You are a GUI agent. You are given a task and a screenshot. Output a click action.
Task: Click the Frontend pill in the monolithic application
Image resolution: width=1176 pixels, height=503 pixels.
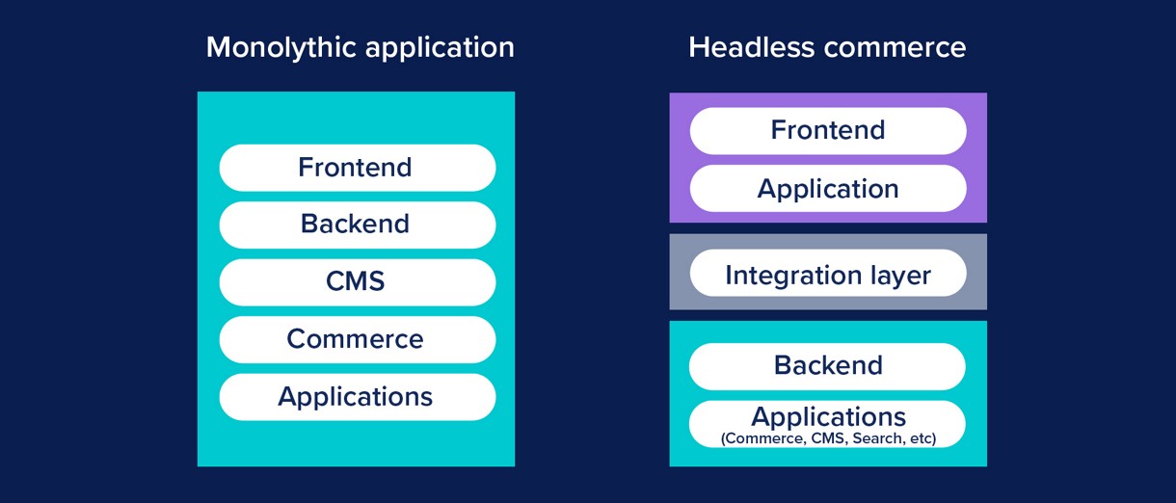click(357, 168)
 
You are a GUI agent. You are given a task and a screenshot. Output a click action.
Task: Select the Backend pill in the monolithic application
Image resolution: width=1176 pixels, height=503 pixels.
click(357, 225)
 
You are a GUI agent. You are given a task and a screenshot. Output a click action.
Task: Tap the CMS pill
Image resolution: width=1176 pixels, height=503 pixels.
click(357, 281)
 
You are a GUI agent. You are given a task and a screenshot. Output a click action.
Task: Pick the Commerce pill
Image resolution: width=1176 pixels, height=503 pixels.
click(357, 339)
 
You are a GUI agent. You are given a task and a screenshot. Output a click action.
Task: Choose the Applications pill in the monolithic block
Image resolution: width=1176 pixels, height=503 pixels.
click(357, 396)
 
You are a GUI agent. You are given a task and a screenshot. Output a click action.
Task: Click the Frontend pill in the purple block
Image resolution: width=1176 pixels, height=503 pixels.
click(827, 130)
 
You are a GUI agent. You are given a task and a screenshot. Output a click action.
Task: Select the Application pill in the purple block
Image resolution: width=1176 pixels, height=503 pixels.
click(827, 189)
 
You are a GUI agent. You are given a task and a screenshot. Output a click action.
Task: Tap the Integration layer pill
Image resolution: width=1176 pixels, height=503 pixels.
click(827, 275)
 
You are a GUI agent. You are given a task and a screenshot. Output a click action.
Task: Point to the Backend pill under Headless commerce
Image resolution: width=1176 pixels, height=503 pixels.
click(827, 365)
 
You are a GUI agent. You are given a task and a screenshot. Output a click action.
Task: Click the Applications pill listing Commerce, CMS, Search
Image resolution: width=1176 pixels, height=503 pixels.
click(827, 424)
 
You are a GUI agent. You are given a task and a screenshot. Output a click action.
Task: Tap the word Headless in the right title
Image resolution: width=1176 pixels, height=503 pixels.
click(745, 46)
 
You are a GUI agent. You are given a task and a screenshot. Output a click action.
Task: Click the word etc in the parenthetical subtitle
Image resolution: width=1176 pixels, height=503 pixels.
click(919, 438)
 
